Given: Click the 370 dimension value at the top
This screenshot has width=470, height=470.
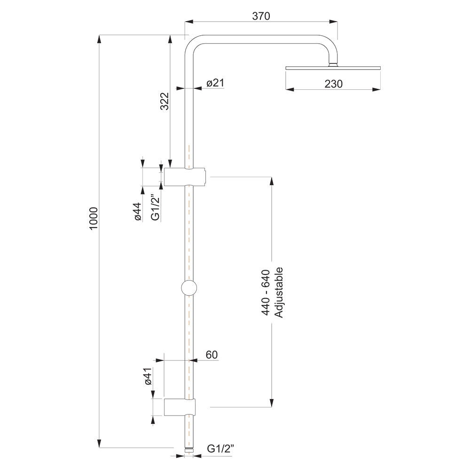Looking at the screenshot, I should point(261,16).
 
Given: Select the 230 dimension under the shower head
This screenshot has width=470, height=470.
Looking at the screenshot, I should point(333,84).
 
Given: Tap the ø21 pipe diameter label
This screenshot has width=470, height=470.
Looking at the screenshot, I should point(215,83).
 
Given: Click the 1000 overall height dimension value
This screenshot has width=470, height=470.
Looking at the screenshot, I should point(93,218).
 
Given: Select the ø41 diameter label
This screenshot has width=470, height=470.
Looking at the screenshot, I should point(149,377).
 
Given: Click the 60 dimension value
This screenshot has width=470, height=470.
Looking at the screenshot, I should point(211,355).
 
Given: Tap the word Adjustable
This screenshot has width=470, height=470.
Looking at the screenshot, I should point(279,292).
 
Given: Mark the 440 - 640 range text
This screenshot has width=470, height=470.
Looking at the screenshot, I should point(266,292).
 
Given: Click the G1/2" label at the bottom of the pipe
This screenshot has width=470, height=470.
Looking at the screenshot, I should point(221,449).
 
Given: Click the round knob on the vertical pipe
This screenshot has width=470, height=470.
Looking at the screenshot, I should point(189,287).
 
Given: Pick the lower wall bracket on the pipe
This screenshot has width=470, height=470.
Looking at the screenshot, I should point(180,407).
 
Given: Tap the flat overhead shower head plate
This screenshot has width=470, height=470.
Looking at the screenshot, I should point(333,68).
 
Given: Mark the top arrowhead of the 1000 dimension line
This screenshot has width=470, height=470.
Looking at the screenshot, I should point(99,39).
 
